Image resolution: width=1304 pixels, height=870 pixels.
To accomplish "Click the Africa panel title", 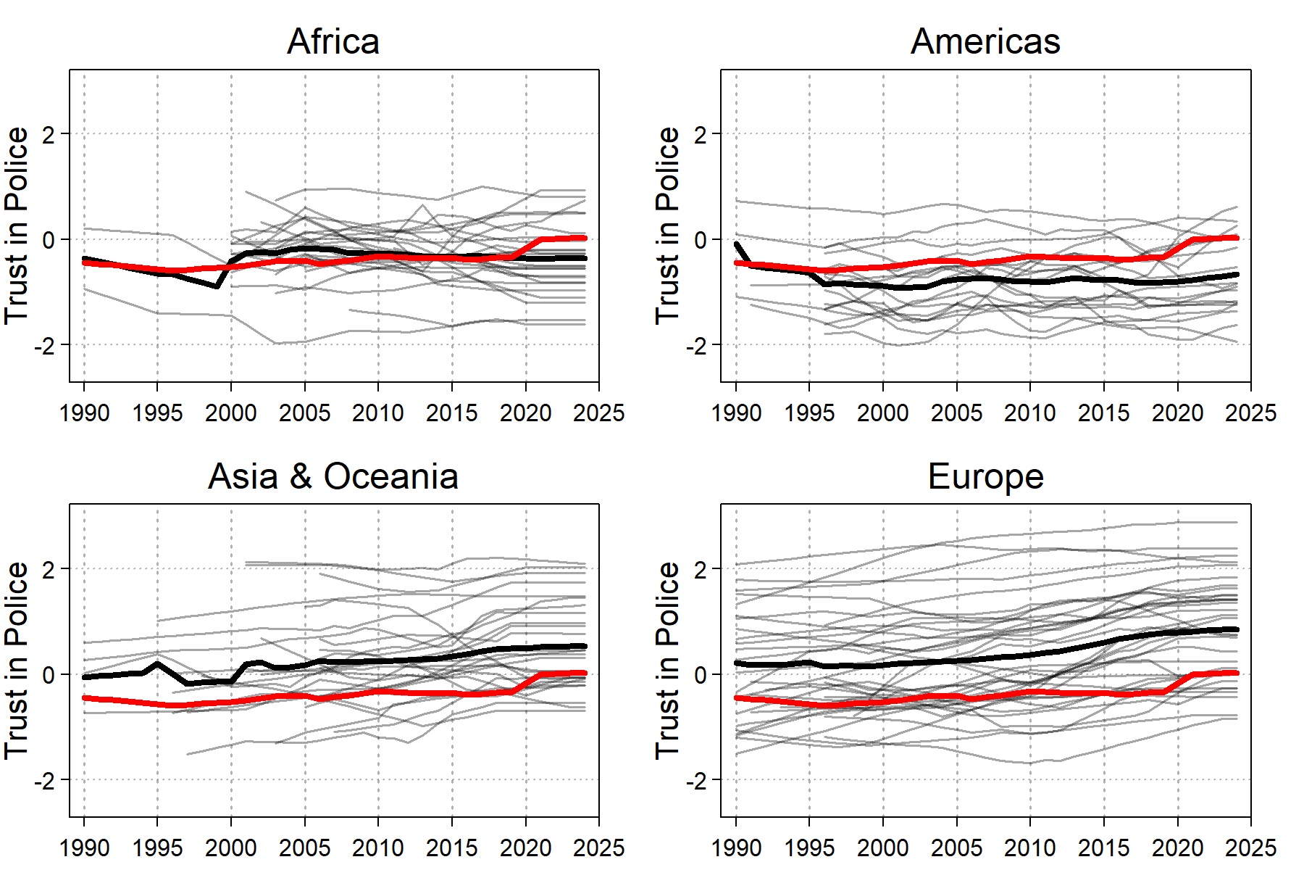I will tap(333, 41).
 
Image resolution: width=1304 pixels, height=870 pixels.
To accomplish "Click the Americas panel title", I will tap(985, 41).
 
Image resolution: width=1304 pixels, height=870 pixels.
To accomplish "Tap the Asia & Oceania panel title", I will tap(333, 476).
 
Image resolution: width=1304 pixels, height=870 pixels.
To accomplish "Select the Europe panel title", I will tap(985, 476).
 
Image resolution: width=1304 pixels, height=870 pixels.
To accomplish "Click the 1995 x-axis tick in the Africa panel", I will tap(158, 413).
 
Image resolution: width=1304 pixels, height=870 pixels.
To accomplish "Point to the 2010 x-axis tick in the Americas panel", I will tap(1030, 413).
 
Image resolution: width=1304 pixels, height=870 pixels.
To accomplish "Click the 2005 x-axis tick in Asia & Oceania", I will tap(305, 848).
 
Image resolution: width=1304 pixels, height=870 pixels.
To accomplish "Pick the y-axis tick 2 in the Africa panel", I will tap(48, 134).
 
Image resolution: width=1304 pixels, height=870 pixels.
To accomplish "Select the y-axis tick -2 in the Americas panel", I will tap(695, 346).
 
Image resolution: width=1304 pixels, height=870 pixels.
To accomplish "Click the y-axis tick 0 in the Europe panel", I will tap(700, 675).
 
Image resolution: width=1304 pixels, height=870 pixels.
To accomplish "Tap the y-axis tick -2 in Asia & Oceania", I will tap(43, 781).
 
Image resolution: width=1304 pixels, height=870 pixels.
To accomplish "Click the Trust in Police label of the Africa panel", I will tap(16, 225).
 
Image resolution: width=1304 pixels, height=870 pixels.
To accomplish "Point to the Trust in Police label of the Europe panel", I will tap(667, 660).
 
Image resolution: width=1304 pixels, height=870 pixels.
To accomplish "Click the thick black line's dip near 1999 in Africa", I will tap(217, 286).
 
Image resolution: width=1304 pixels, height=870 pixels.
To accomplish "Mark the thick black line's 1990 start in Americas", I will tap(737, 244).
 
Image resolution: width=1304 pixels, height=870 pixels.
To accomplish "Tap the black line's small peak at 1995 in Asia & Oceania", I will tap(158, 663).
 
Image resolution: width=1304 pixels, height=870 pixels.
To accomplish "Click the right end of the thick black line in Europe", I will tap(1236, 629).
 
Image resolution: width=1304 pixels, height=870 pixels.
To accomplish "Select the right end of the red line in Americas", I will tap(1236, 238).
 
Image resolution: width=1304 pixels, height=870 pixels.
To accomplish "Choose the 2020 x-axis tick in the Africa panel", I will tap(526, 413).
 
